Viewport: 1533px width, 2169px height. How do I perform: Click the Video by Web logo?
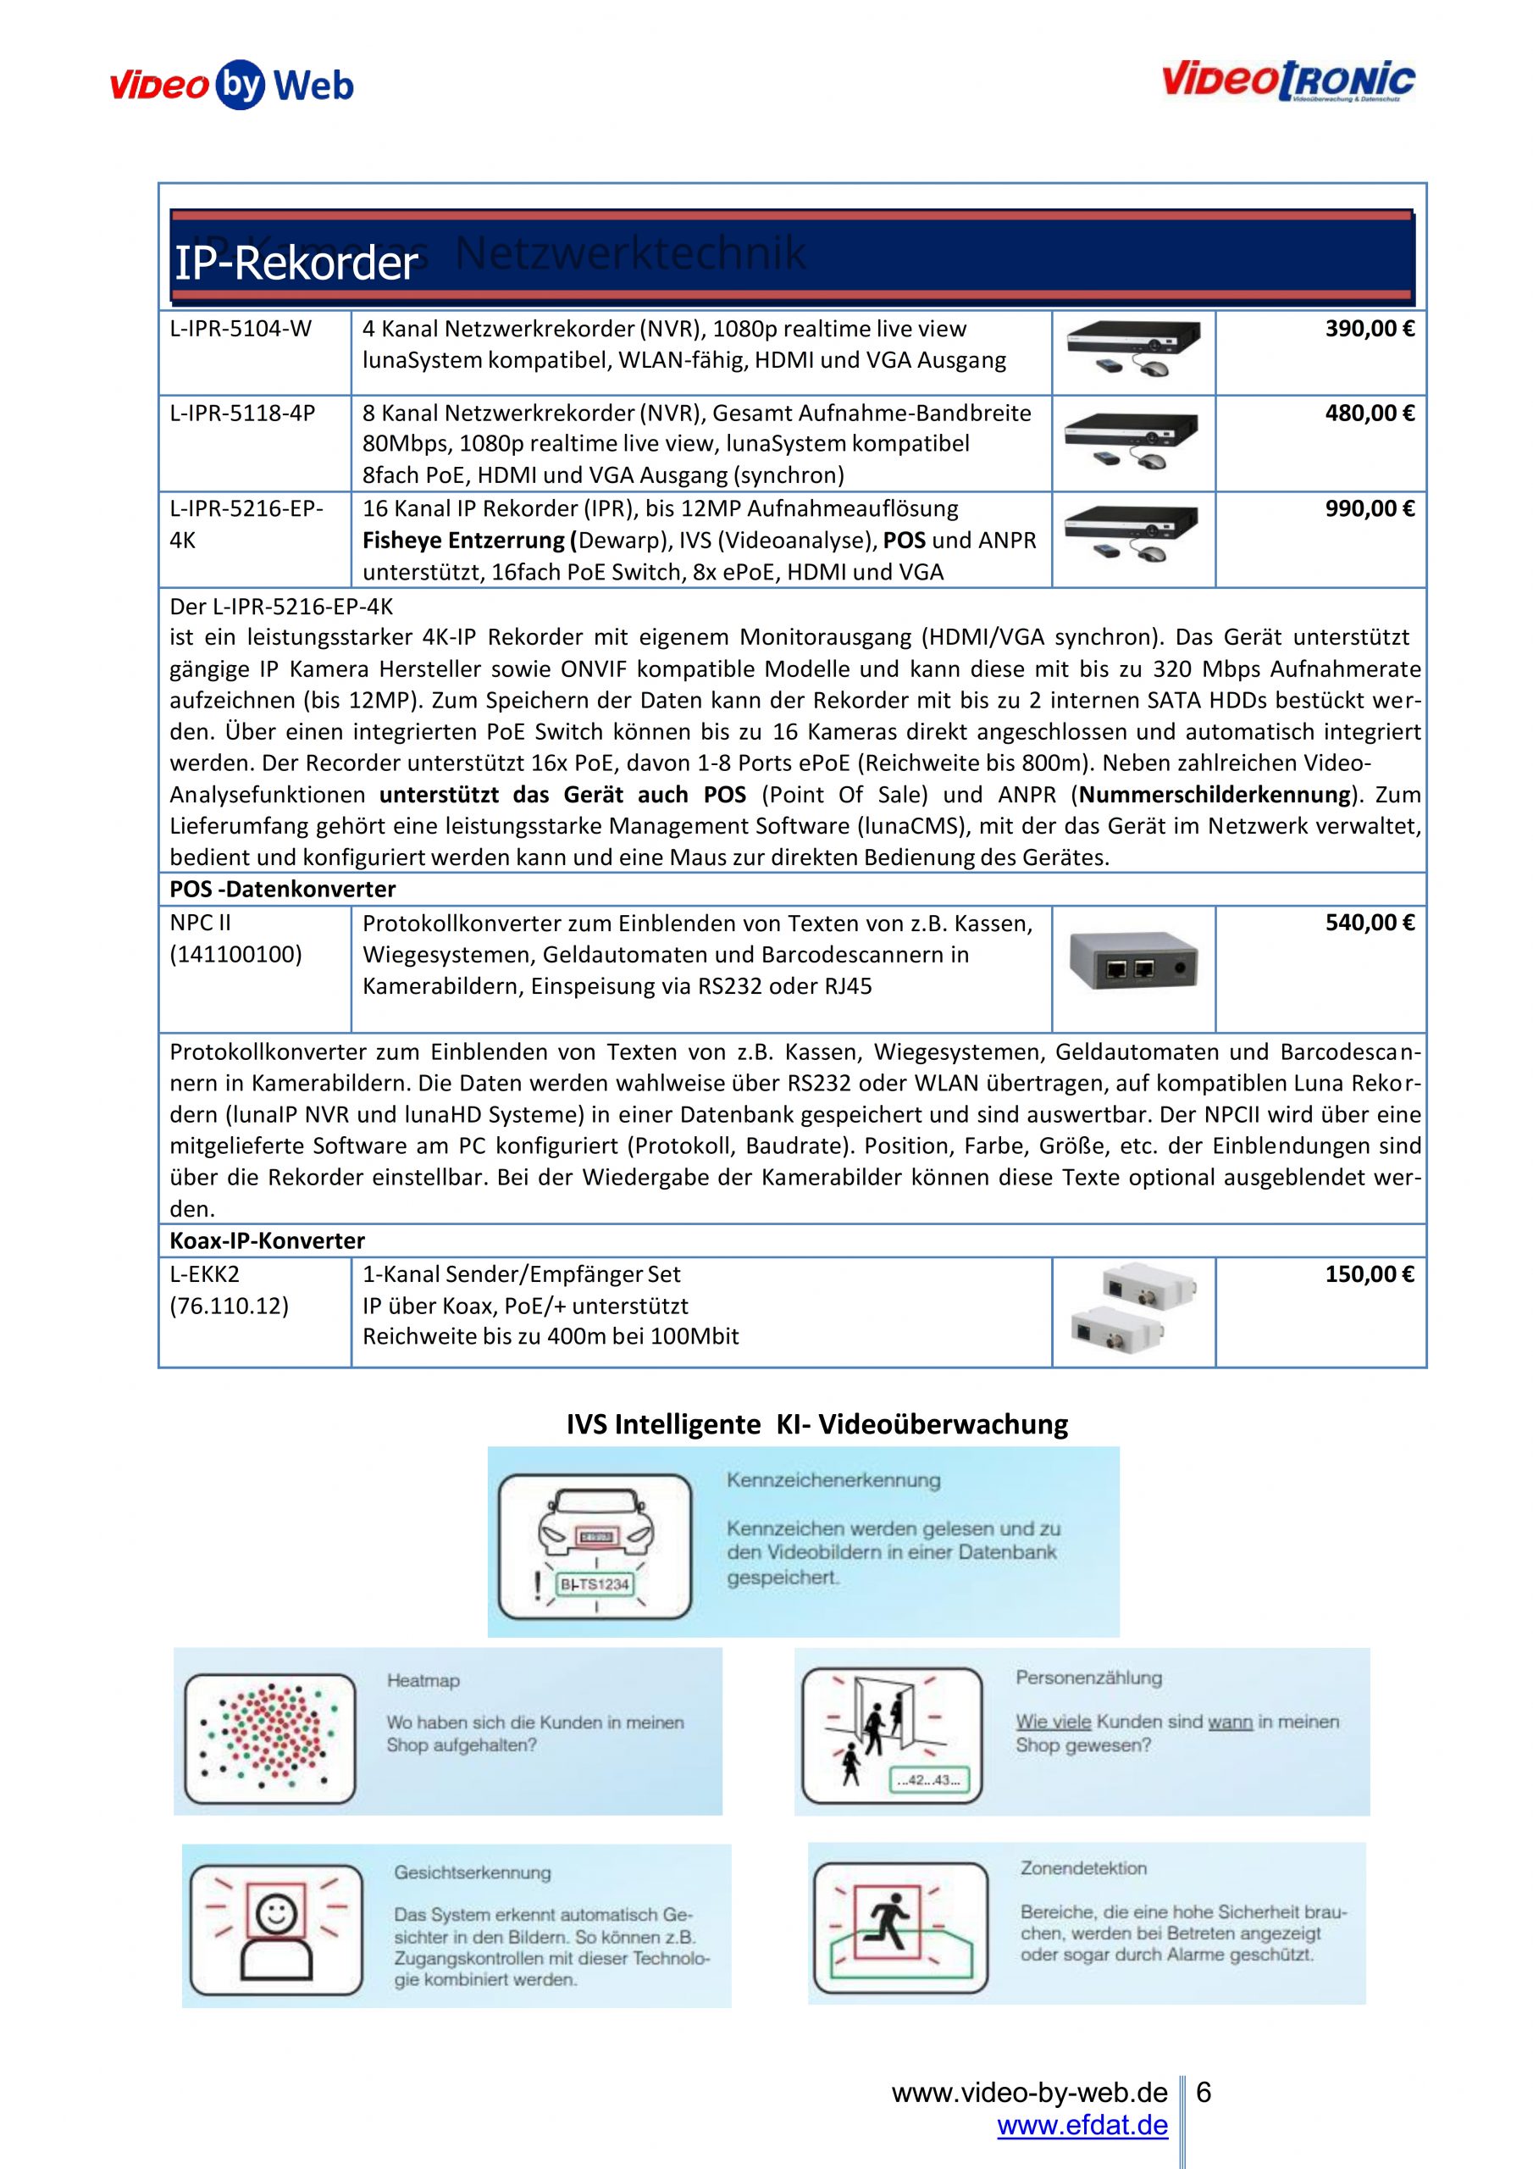click(x=232, y=86)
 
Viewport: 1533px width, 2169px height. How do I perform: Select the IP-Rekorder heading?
click(x=296, y=263)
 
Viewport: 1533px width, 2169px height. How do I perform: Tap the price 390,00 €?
click(x=1369, y=330)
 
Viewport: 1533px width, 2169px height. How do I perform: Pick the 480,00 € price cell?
click(x=1369, y=413)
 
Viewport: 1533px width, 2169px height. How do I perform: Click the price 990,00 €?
click(x=1369, y=509)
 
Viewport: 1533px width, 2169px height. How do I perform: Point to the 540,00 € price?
click(x=1369, y=923)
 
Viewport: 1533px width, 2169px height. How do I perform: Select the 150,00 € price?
click(x=1369, y=1274)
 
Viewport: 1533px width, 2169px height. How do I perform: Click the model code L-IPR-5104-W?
click(x=241, y=330)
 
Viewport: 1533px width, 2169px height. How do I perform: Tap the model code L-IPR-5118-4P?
click(x=243, y=413)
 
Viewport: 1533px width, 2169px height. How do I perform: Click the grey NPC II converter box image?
click(x=1132, y=962)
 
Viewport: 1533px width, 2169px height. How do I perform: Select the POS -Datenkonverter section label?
click(x=282, y=889)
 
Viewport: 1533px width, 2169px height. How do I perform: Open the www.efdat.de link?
click(x=1082, y=2126)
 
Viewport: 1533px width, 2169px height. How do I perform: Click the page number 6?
click(x=1204, y=2093)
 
